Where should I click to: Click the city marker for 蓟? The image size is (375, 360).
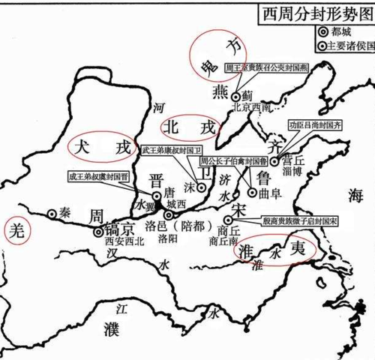point(235,96)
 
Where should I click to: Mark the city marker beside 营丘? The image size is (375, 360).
point(274,160)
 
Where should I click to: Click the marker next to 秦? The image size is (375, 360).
point(51,213)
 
